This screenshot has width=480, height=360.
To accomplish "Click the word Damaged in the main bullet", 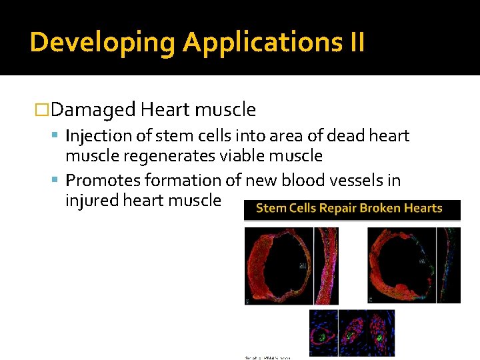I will coord(93,109).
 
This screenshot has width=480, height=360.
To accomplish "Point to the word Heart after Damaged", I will coord(165,109).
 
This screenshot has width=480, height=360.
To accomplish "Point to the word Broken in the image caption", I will coord(383,208).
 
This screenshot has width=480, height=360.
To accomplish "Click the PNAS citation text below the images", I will coord(266,357).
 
